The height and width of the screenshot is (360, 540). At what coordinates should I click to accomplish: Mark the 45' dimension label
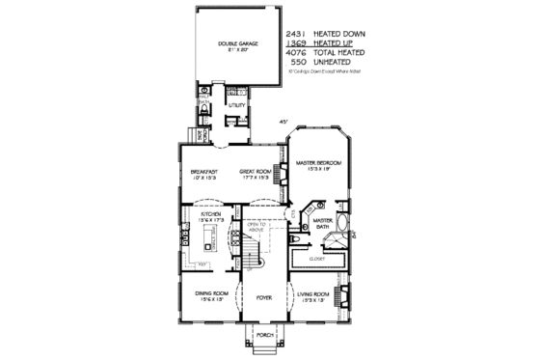283,123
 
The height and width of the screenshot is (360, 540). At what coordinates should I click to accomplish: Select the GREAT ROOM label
256,173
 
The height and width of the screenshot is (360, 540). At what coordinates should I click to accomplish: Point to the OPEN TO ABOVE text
256,227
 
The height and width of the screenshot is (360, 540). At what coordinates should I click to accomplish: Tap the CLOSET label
316,259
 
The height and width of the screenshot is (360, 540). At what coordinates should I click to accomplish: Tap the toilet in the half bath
203,110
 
